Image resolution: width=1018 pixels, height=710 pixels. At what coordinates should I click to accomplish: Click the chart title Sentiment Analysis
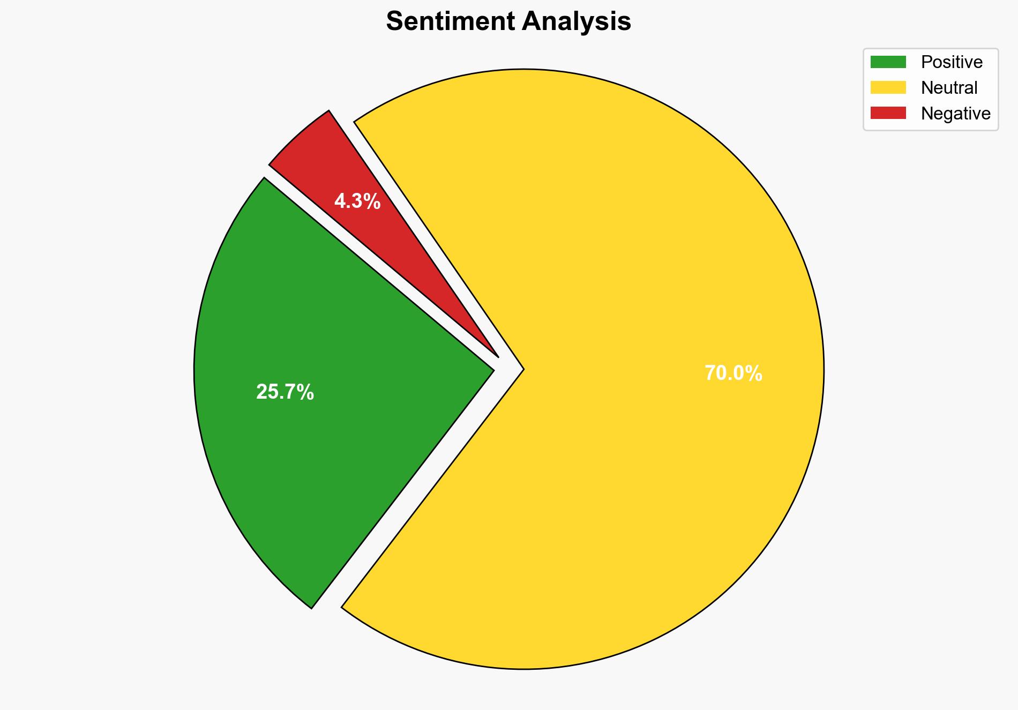(508, 22)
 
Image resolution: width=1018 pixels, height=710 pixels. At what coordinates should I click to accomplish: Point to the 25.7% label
(285, 392)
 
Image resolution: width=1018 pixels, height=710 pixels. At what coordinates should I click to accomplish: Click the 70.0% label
(733, 373)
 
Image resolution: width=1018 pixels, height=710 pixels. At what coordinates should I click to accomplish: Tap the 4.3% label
(357, 201)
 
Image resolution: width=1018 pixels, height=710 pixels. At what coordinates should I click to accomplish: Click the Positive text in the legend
(952, 62)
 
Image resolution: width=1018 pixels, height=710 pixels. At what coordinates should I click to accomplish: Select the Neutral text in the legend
(949, 88)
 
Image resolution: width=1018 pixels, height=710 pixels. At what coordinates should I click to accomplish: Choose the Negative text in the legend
(955, 114)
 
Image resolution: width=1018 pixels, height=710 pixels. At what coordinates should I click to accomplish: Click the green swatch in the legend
(888, 62)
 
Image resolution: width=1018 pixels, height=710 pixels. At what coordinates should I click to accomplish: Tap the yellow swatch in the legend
(888, 87)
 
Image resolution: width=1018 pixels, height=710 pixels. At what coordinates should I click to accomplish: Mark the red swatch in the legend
(888, 113)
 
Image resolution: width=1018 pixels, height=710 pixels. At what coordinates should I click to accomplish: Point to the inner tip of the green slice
(492, 369)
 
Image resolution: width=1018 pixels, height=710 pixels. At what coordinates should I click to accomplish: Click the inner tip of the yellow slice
(522, 369)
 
